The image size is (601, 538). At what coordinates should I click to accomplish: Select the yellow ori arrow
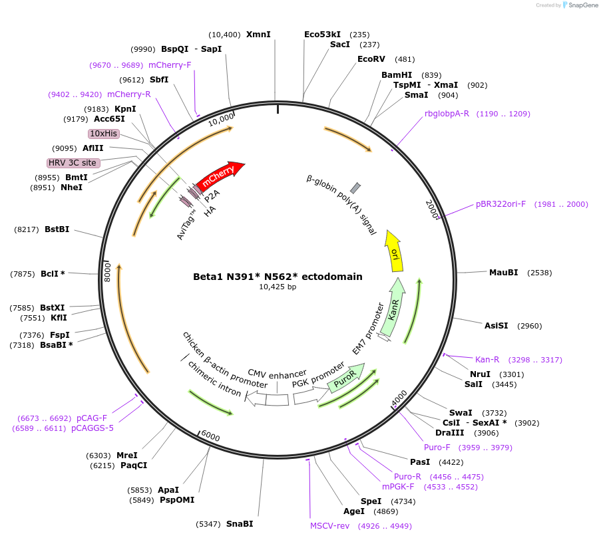[394, 252]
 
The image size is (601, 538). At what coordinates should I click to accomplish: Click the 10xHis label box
[104, 134]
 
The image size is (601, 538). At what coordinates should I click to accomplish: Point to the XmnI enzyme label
[258, 35]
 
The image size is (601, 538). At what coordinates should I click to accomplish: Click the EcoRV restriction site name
[371, 59]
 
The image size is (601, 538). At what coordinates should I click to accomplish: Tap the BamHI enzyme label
[397, 75]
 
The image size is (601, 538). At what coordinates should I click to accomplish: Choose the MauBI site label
[503, 273]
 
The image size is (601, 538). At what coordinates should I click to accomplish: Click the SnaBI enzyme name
[240, 524]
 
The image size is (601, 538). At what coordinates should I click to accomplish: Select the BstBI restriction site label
[57, 229]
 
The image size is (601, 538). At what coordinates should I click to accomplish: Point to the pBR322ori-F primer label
[501, 204]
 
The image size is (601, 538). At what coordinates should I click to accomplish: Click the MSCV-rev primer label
[329, 526]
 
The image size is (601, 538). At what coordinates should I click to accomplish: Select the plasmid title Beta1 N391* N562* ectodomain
[278, 277]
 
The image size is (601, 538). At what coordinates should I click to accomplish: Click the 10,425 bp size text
[278, 287]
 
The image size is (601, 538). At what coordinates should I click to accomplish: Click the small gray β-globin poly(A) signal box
[355, 188]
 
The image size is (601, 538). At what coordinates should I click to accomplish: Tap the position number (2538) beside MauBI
[539, 273]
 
